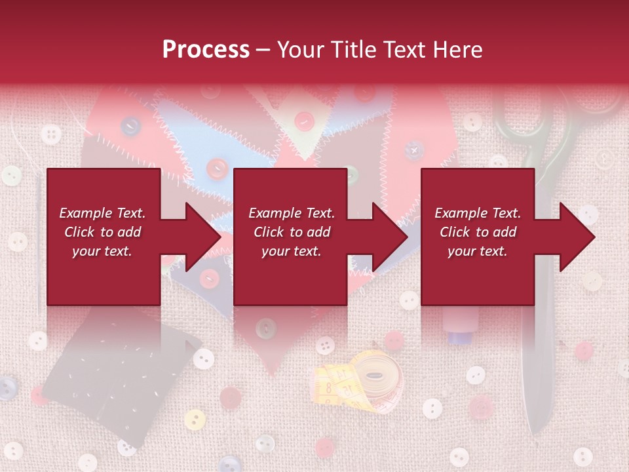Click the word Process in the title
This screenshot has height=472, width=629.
click(206, 50)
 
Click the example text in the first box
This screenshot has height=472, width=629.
click(102, 232)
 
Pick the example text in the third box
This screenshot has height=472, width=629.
click(478, 232)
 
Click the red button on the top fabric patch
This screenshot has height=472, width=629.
click(303, 121)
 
